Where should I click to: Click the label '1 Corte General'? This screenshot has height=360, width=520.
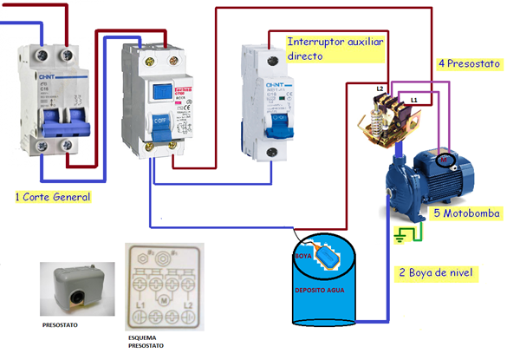tap(53, 197)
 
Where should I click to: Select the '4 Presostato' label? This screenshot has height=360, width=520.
tap(469, 63)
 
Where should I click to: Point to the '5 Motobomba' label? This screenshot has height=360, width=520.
tap(467, 213)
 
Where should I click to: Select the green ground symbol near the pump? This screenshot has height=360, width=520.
tap(401, 233)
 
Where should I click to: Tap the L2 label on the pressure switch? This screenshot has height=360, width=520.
tap(380, 89)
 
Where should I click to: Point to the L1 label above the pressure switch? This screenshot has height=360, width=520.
tap(414, 101)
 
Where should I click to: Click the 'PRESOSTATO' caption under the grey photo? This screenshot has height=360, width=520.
tap(62, 328)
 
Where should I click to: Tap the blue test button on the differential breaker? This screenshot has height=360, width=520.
tap(160, 91)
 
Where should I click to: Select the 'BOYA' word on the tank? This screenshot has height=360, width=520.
tap(302, 258)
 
